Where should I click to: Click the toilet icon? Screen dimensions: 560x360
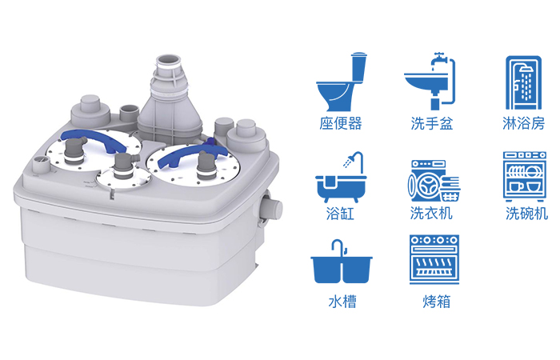click(x=342, y=83)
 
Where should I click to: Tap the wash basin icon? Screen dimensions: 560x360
click(x=430, y=82)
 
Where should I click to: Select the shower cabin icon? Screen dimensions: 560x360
click(x=523, y=83)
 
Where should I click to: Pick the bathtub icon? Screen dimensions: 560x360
click(x=341, y=178)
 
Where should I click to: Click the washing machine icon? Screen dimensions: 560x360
click(x=434, y=181)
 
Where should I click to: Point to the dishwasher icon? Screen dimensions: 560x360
click(x=525, y=177)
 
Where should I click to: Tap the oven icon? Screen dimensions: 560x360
click(x=434, y=260)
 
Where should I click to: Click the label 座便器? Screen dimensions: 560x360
click(x=340, y=123)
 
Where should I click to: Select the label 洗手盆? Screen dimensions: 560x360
click(x=432, y=123)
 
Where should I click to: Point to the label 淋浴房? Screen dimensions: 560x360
click(x=523, y=123)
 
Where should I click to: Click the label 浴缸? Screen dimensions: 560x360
click(x=340, y=214)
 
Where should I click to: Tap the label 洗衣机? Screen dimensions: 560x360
click(x=431, y=214)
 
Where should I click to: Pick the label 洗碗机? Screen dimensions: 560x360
click(x=526, y=214)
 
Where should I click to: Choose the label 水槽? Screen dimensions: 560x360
click(x=342, y=302)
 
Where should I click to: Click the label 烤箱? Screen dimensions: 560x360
click(x=437, y=302)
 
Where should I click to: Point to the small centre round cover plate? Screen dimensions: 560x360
click(x=123, y=178)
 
